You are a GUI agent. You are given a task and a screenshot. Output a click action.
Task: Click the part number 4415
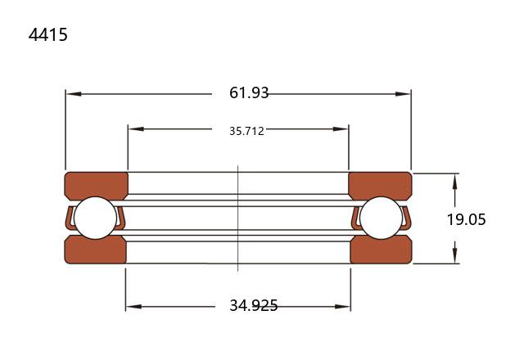(x=48, y=34)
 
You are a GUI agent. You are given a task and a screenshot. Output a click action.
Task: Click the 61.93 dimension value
(x=249, y=92)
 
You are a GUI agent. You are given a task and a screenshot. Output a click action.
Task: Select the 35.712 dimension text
(x=246, y=131)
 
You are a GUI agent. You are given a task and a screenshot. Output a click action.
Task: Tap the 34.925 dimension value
(x=254, y=305)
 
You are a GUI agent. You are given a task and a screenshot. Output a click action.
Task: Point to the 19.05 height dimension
(x=466, y=219)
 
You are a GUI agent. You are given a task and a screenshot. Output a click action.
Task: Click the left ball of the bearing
(x=96, y=218)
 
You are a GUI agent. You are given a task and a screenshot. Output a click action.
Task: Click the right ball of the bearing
(x=382, y=218)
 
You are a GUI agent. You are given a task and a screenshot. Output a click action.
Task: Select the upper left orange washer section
(x=97, y=186)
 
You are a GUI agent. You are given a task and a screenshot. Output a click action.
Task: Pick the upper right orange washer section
(x=380, y=186)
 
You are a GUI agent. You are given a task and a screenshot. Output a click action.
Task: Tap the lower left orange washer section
(x=95, y=250)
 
